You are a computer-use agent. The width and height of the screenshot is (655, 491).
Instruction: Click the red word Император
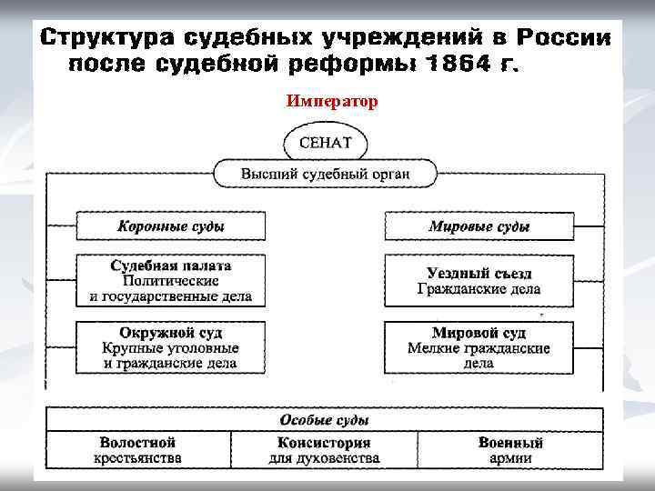[331, 101]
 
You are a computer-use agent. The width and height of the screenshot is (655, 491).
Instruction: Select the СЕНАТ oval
[325, 143]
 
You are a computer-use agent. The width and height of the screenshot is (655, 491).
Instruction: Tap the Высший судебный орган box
[325, 173]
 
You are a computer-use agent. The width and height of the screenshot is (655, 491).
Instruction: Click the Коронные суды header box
[171, 226]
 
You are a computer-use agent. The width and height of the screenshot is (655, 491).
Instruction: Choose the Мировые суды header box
[479, 226]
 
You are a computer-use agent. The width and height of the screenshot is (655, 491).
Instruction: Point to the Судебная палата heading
[171, 266]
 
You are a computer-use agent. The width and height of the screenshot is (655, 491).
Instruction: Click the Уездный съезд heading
[479, 273]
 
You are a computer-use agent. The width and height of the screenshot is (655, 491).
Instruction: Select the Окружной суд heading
[171, 333]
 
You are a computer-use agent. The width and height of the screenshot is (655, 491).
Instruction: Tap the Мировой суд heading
[479, 333]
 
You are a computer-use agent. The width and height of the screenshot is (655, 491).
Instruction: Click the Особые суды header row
[325, 420]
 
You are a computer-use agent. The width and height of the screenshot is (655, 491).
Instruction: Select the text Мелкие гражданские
[479, 348]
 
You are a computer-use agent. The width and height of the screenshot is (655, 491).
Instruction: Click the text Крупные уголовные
[171, 348]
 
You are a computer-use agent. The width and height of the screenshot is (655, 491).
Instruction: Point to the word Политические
[171, 281]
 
